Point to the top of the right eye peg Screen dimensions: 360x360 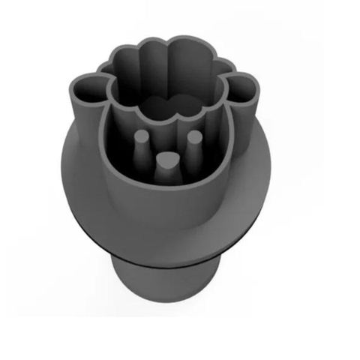coord(193,138)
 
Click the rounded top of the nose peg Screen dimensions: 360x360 coord(168,158)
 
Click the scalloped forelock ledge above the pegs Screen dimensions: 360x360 coord(166,112)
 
